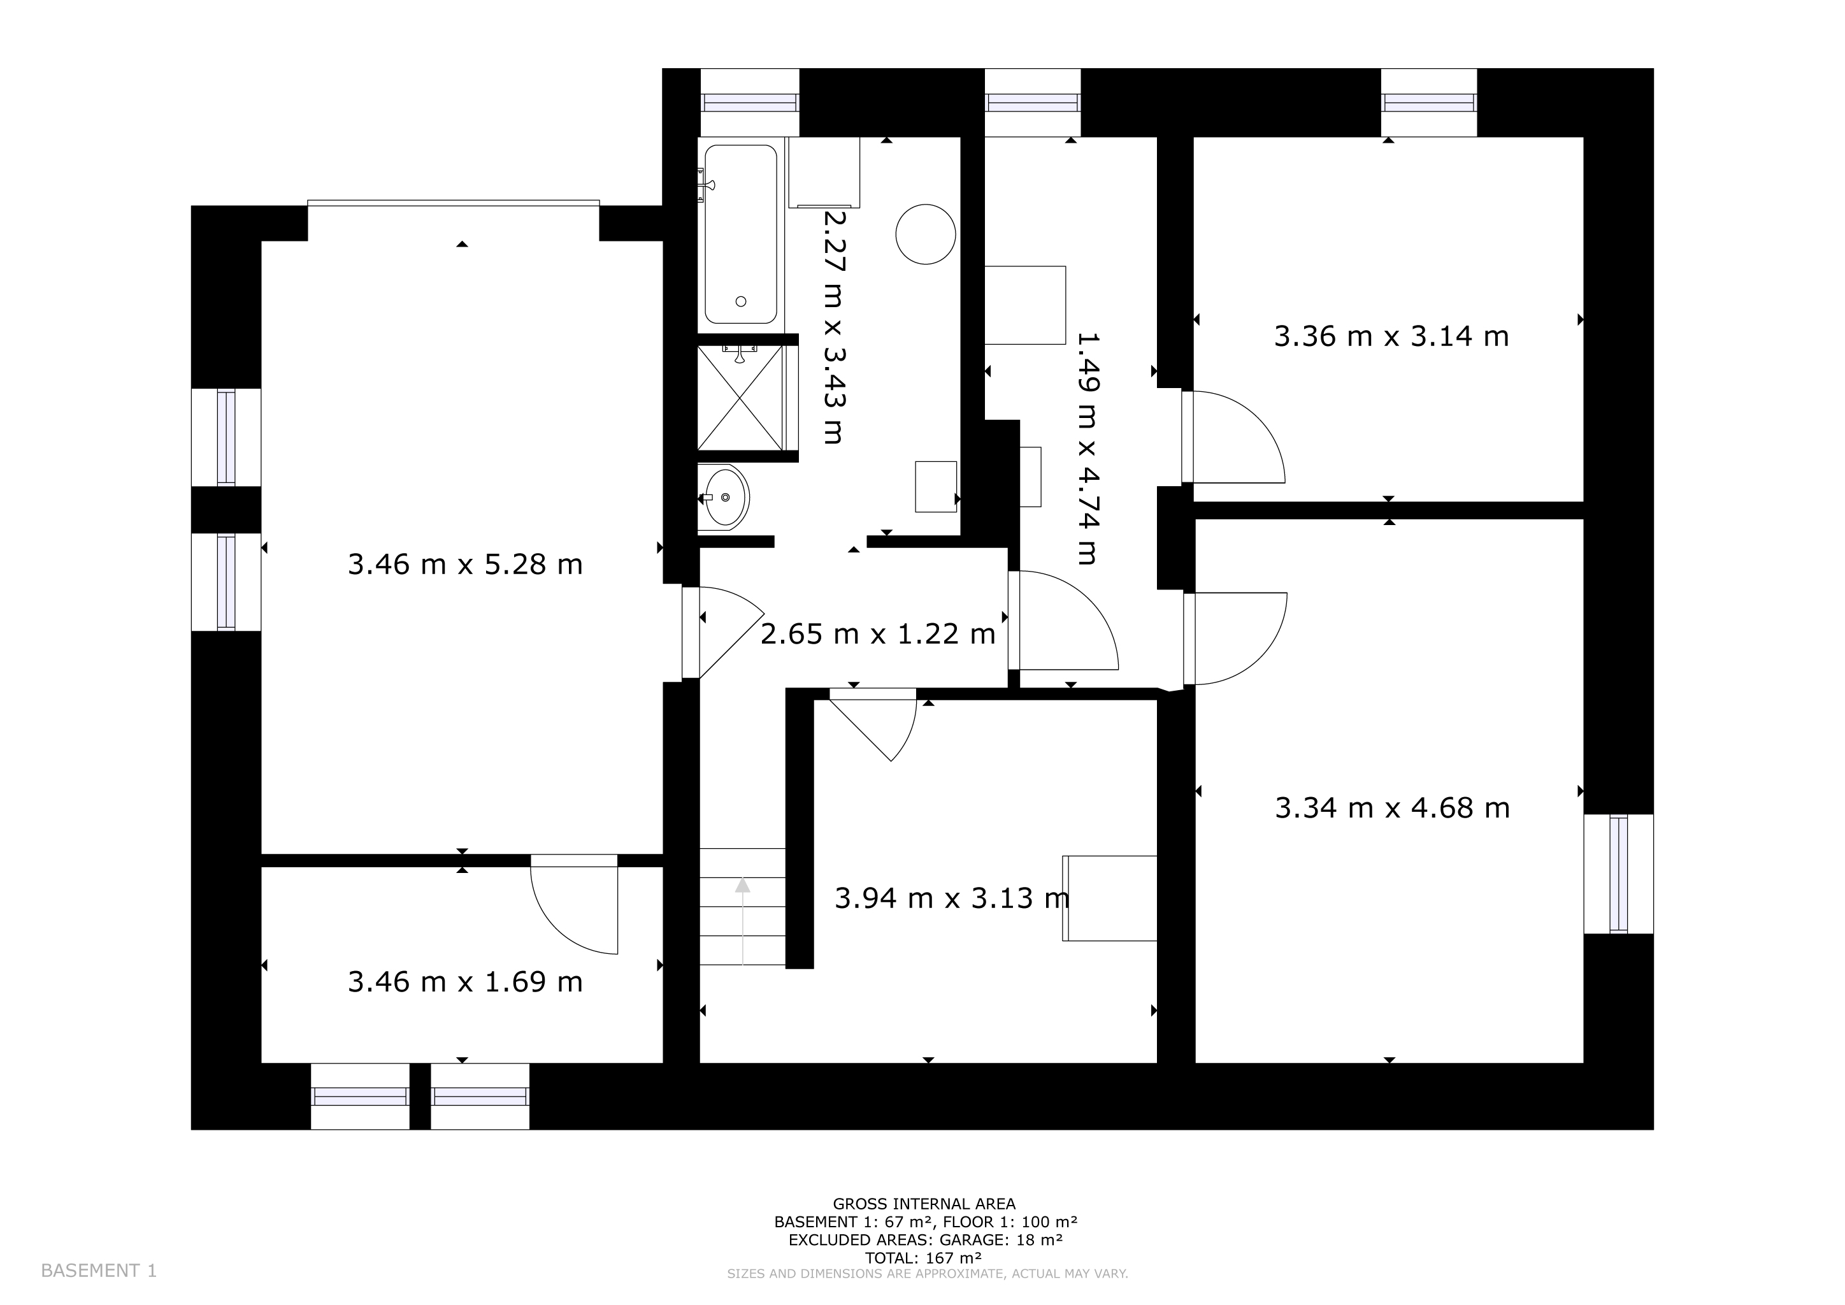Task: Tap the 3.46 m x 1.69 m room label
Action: point(465,981)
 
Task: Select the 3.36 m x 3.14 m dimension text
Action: point(1392,336)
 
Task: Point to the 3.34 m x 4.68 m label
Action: point(1393,807)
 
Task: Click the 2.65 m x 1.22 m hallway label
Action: point(879,634)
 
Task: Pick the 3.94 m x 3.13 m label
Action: point(952,898)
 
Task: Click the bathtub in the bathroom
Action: point(741,234)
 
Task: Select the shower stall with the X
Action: point(739,397)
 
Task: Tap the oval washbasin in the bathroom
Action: point(726,498)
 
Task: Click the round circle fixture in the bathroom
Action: point(926,234)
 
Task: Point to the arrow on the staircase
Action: point(742,920)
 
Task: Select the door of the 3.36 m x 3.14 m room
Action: point(1233,437)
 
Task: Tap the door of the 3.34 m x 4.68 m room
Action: point(1235,639)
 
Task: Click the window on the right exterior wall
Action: point(1618,874)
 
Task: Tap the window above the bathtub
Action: point(750,103)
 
